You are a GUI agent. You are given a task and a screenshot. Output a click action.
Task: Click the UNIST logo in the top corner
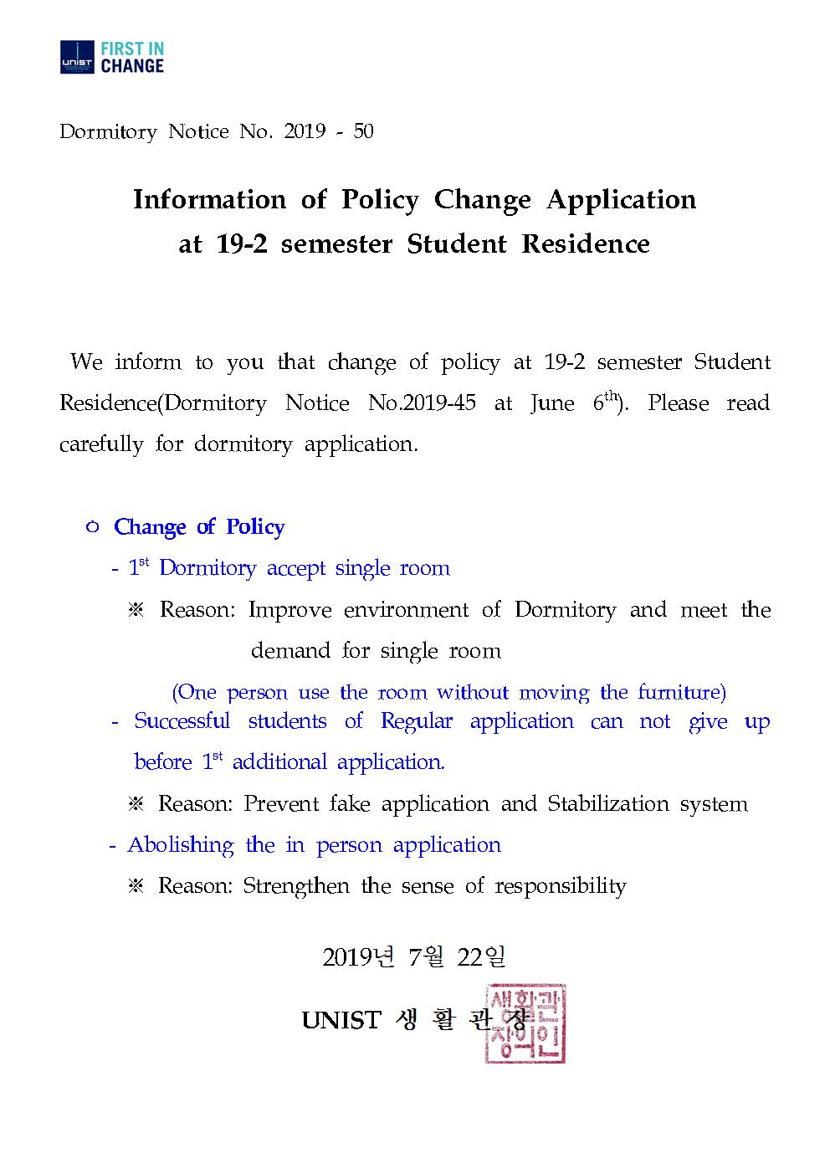(77, 57)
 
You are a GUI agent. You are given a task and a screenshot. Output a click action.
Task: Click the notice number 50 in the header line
(363, 132)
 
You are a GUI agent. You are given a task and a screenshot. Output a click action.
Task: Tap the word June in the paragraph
(552, 403)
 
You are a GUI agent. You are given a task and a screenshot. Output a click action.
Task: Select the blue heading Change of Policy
(199, 527)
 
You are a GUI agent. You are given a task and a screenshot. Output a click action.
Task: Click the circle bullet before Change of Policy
(93, 527)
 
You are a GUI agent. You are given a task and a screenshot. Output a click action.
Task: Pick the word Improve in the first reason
(288, 610)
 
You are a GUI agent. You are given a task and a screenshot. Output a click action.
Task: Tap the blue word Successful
(182, 721)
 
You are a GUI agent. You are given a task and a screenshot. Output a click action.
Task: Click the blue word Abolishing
(180, 845)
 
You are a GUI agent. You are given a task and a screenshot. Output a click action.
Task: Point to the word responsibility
(560, 886)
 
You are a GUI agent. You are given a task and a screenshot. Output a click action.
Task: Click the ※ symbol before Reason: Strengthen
(136, 886)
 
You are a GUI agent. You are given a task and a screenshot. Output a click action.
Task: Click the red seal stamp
(525, 1023)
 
